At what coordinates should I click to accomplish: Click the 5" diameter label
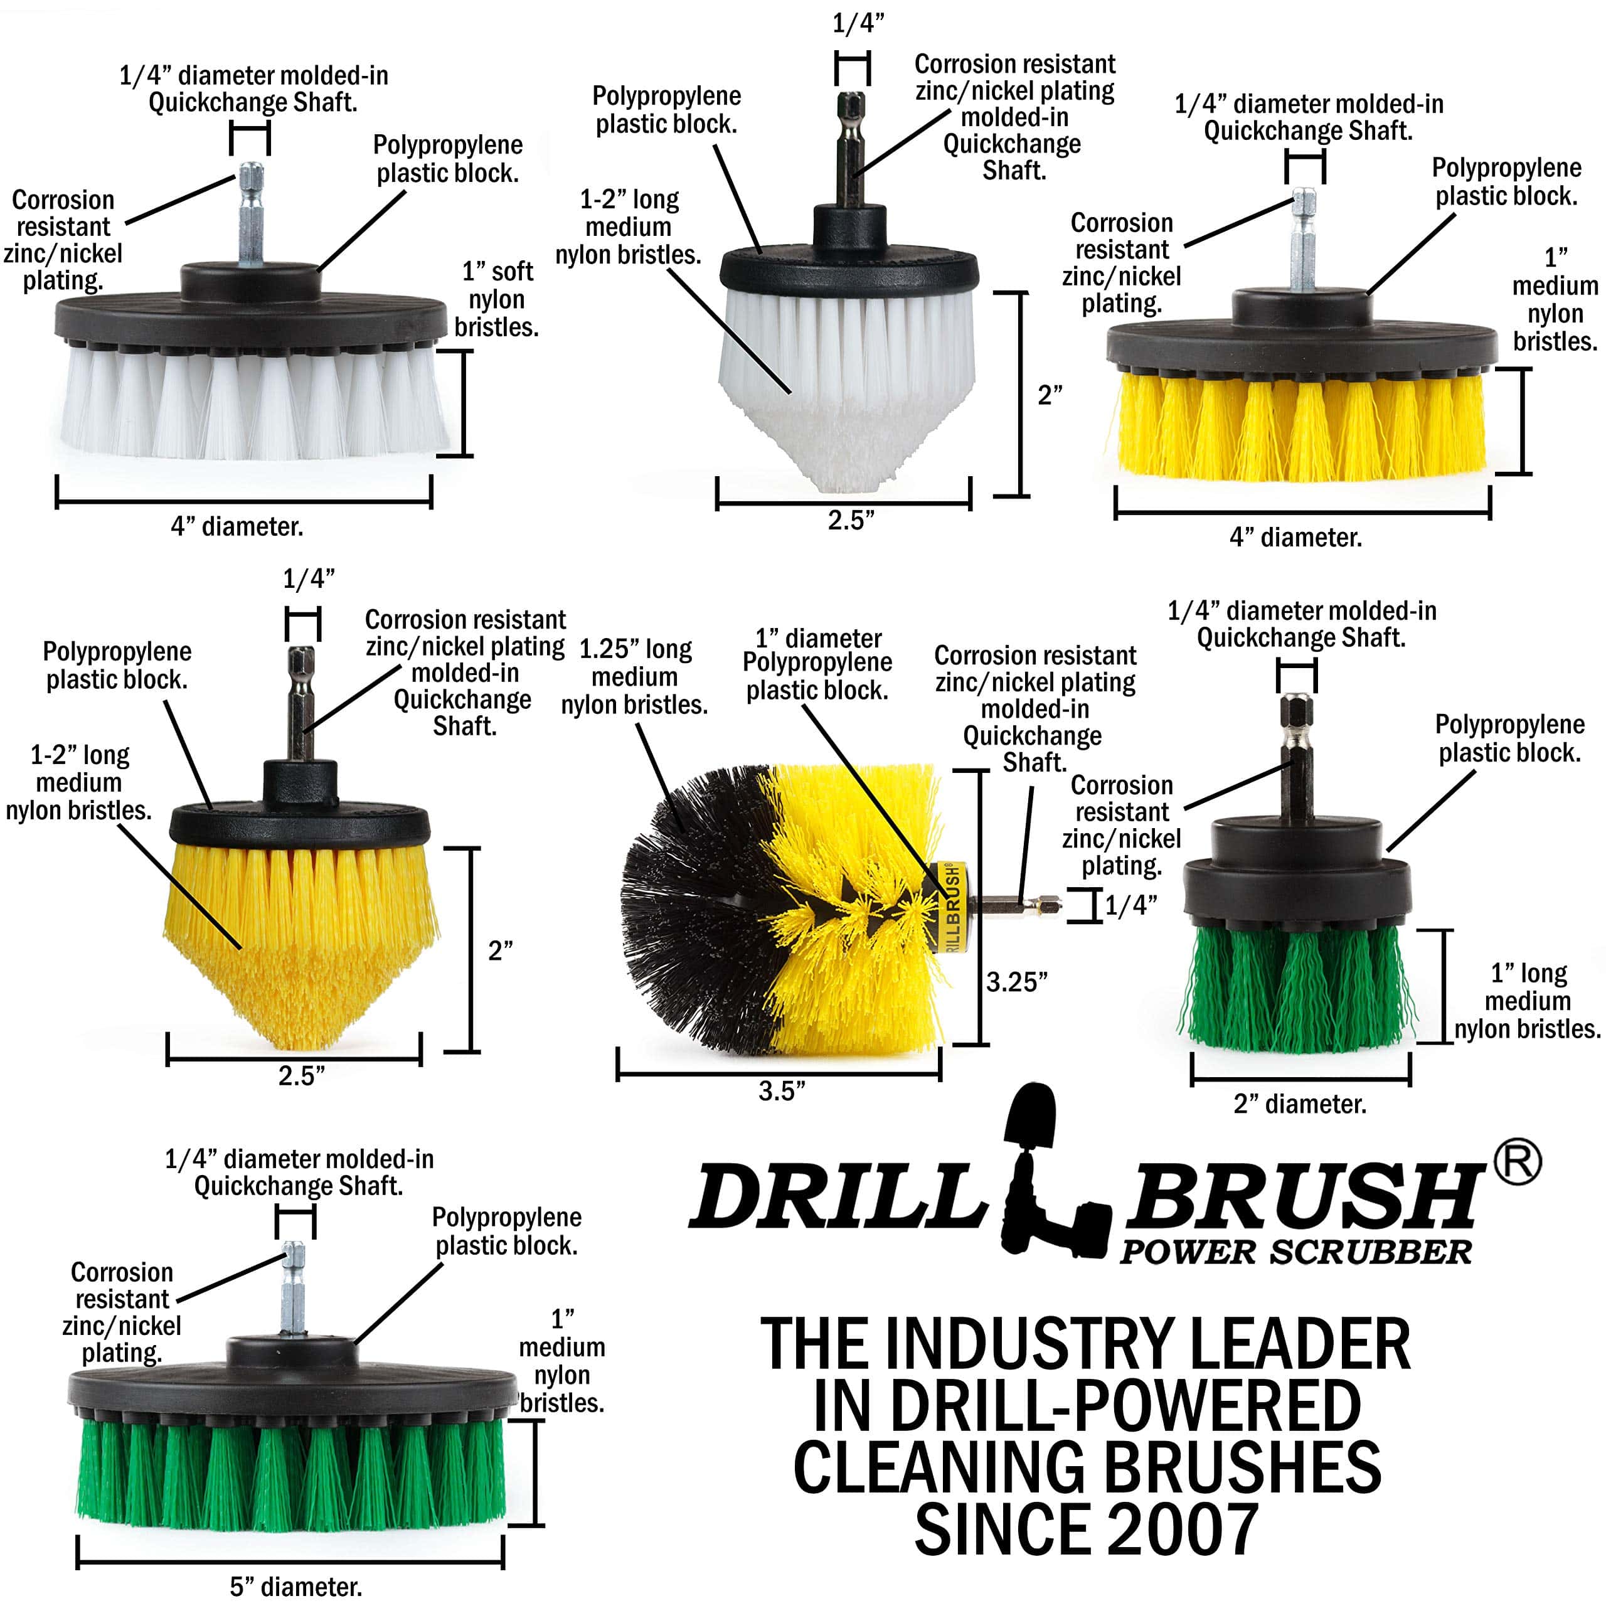point(296,1586)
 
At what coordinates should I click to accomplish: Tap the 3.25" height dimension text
point(1016,982)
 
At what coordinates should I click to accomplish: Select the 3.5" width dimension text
point(782,1090)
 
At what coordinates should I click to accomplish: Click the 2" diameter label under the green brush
point(1300,1104)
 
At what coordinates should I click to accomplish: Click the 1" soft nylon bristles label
point(497,299)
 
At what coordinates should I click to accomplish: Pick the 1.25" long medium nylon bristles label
point(634,677)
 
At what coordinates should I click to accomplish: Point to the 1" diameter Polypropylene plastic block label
point(817,664)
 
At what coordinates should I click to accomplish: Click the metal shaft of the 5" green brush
point(294,1289)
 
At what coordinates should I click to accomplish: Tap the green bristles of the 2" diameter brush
point(1297,989)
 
